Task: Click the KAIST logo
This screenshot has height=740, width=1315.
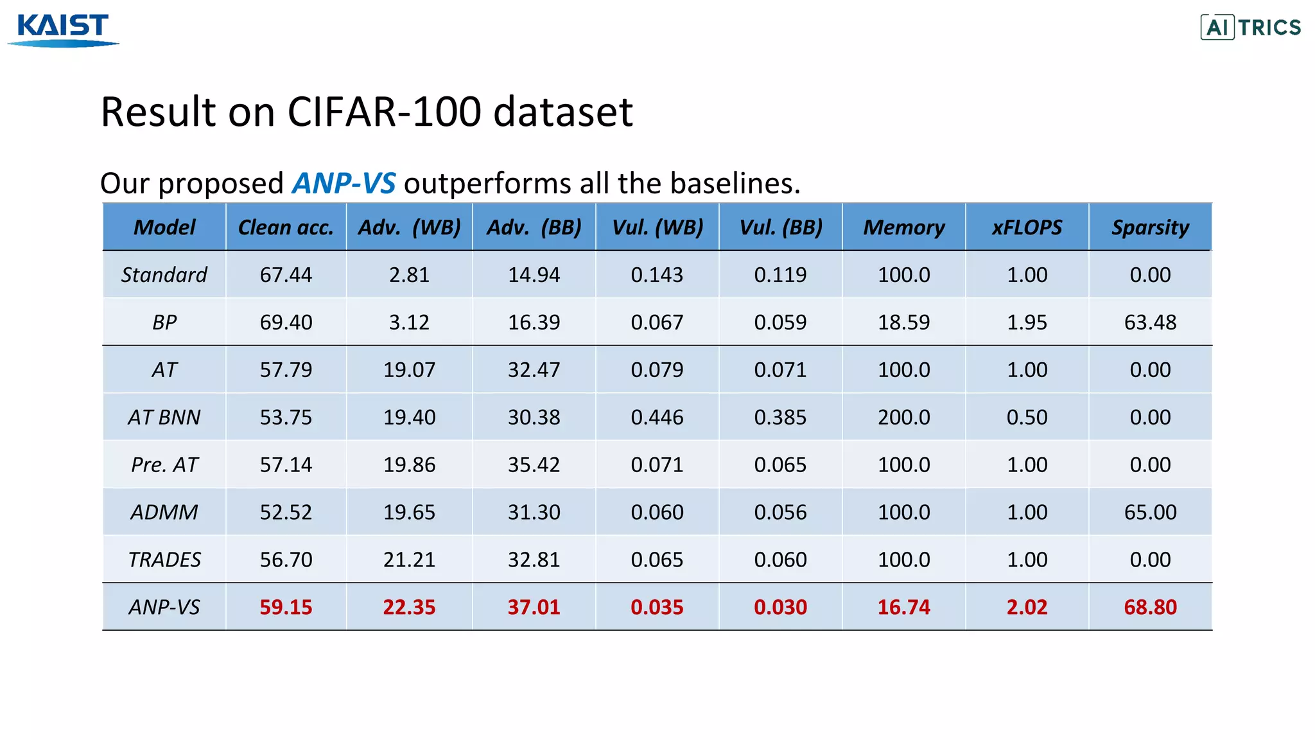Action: pyautogui.click(x=63, y=30)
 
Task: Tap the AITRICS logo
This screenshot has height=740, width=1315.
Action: pyautogui.click(x=1250, y=27)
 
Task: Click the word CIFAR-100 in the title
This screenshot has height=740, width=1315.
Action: pyautogui.click(x=384, y=112)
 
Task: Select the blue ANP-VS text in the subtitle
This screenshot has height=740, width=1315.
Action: pyautogui.click(x=344, y=184)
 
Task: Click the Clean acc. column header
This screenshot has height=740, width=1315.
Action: pyautogui.click(x=286, y=227)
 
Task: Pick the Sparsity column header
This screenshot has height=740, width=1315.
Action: pyautogui.click(x=1150, y=227)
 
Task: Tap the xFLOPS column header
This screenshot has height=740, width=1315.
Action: pyautogui.click(x=1027, y=227)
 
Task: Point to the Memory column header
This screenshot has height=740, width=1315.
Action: pyautogui.click(x=903, y=227)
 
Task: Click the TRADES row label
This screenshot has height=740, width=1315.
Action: pyautogui.click(x=164, y=559)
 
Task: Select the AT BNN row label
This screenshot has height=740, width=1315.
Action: pyautogui.click(x=164, y=418)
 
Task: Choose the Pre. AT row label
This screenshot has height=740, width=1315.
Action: pyautogui.click(x=164, y=464)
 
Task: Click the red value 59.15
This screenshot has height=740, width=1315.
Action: pyautogui.click(x=286, y=607)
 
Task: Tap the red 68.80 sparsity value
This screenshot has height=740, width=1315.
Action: pyautogui.click(x=1150, y=607)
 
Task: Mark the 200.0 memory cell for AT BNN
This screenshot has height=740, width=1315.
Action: pyautogui.click(x=903, y=418)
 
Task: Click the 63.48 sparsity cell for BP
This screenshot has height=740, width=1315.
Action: pyautogui.click(x=1150, y=322)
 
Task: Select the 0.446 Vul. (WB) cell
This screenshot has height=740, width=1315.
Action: pyautogui.click(x=657, y=418)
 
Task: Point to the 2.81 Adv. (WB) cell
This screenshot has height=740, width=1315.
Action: pyautogui.click(x=409, y=275)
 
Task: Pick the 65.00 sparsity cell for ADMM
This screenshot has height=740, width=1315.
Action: pyautogui.click(x=1150, y=512)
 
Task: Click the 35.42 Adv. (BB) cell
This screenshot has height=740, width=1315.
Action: pyautogui.click(x=534, y=464)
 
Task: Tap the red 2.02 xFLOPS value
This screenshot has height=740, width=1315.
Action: pyautogui.click(x=1027, y=607)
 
